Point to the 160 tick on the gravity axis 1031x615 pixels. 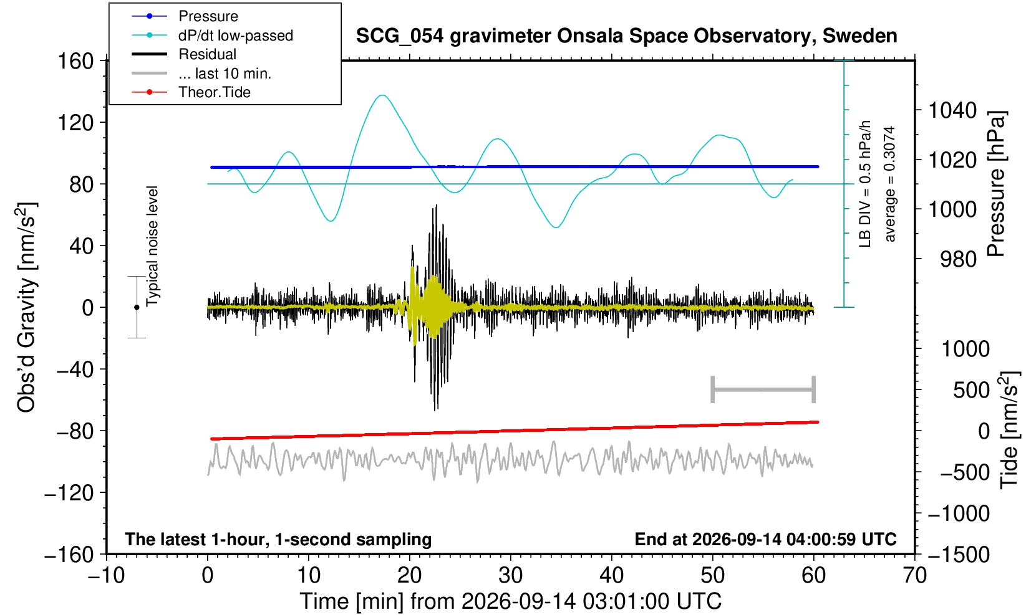pos(75,60)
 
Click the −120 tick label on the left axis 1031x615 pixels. pos(69,493)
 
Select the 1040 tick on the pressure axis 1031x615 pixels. pos(952,110)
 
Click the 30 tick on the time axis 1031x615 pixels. pos(511,576)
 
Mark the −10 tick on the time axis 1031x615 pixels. pos(106,576)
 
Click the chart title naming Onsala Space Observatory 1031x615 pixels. pos(626,36)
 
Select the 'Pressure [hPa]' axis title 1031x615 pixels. pos(997,184)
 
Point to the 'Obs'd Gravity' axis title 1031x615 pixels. pos(26,308)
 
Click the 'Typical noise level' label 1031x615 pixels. pos(152,247)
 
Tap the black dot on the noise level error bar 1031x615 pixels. pos(137,307)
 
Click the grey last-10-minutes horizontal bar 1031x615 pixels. pos(763,389)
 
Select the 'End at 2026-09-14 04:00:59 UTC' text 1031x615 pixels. pos(765,539)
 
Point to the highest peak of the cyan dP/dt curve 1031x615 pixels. pos(382,95)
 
